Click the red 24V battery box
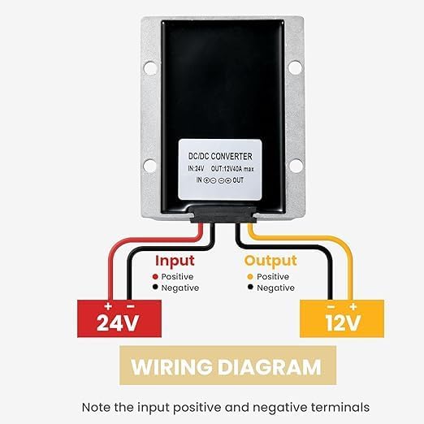pos(119,318)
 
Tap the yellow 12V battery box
pos(342,318)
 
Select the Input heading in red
pos(175,262)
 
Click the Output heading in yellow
pos(270,262)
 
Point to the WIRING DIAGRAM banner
pos(227,366)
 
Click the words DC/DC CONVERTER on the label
pos(220,156)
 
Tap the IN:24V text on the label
pos(196,169)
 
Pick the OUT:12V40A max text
pos(232,169)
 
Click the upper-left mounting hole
pos(150,68)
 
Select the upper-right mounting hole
pos(295,67)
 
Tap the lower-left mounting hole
pos(150,165)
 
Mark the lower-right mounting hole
pos(296,165)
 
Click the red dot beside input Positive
pos(155,277)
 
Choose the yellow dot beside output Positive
pos(250,277)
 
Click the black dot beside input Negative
pos(155,287)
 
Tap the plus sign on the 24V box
pos(108,306)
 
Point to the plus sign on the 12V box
pos(353,307)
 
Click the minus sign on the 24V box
pos(131,307)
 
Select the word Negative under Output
pos(275,288)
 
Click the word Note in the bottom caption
pos(96,407)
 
